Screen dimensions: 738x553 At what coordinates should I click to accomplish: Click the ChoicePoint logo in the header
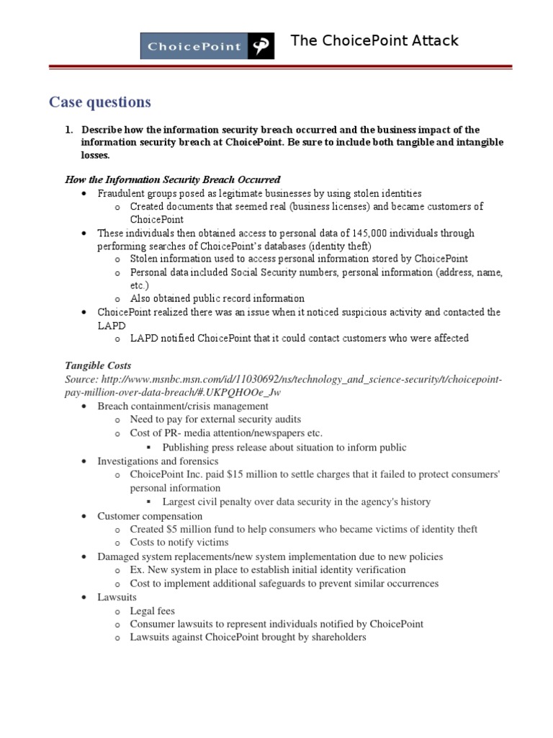[207, 45]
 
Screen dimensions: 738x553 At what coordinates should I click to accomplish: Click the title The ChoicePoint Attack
[374, 40]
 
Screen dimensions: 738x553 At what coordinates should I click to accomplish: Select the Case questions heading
[100, 102]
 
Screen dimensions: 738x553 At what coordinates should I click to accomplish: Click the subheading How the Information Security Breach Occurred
[173, 179]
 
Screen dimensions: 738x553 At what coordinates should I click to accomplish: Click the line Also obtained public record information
[217, 298]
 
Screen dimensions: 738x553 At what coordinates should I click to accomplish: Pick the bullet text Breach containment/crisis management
[182, 406]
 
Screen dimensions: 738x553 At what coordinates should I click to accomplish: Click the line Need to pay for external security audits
[215, 419]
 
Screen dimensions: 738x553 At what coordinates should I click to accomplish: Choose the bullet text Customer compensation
[150, 516]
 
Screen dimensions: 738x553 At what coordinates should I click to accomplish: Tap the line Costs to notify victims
[179, 542]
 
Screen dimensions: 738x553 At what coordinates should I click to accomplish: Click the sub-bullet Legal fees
[152, 610]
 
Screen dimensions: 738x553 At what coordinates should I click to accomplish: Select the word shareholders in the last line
[335, 637]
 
